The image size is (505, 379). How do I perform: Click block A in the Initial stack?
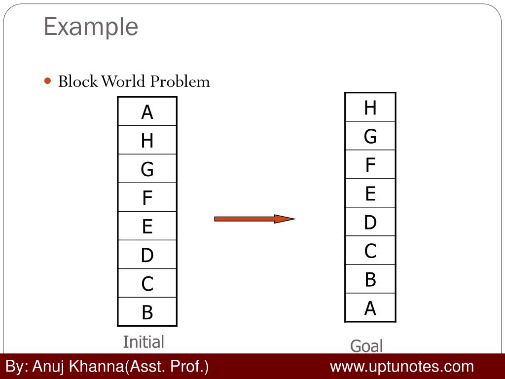click(147, 112)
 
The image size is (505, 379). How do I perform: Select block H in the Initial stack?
click(147, 141)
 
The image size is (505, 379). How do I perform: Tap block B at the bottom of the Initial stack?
click(147, 312)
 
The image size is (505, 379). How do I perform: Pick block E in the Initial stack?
click(147, 227)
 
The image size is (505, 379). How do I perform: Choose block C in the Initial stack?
click(147, 283)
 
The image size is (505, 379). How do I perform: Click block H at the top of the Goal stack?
click(370, 107)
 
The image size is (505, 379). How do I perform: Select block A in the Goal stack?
click(370, 308)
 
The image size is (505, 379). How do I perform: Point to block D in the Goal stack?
click(370, 222)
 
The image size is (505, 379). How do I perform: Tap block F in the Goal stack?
click(370, 164)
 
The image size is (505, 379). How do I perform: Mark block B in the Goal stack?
click(370, 279)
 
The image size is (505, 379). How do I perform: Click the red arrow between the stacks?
click(254, 219)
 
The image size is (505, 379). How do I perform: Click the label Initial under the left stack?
click(143, 341)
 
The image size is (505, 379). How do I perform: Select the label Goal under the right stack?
click(366, 346)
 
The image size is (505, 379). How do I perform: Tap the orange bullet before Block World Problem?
click(48, 80)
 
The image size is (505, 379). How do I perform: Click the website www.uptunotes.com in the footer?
click(401, 367)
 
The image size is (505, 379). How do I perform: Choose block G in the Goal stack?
click(370, 136)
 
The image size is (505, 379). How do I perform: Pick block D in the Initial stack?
click(147, 255)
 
